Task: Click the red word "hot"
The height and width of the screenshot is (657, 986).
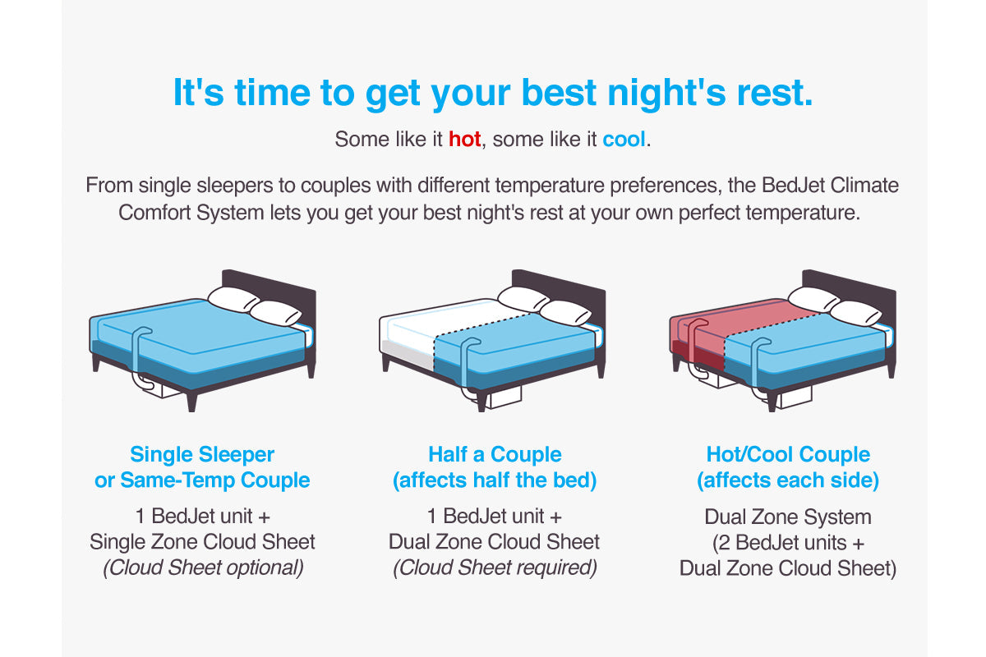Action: [464, 140]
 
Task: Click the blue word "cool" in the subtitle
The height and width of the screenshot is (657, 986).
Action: [624, 140]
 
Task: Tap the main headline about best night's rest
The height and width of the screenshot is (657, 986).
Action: [493, 93]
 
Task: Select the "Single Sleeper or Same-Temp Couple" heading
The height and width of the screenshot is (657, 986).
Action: [202, 467]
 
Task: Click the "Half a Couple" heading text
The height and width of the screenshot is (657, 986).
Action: [495, 454]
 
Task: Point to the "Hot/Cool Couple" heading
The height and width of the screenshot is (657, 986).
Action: [787, 454]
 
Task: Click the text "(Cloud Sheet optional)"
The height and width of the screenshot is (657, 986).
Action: [202, 567]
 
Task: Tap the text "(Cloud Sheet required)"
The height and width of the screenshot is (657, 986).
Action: [495, 567]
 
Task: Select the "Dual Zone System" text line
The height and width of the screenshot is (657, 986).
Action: [787, 517]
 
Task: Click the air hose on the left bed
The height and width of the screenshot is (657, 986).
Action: [136, 353]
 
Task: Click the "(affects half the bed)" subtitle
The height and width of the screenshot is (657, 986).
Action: [495, 480]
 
